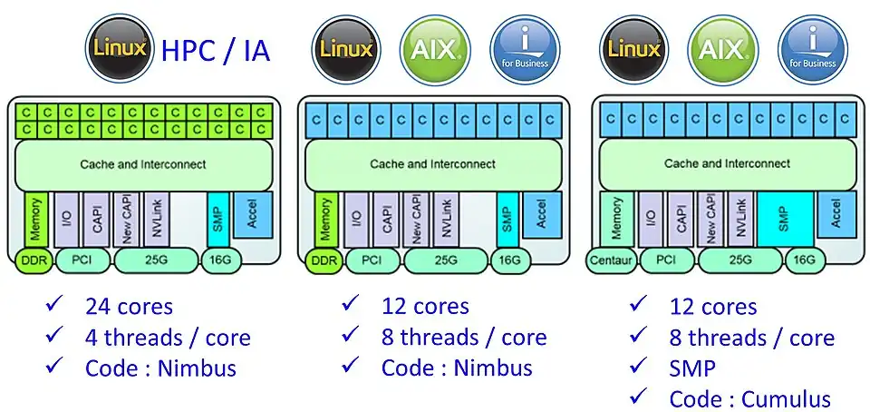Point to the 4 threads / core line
click(x=168, y=338)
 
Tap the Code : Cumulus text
click(x=749, y=398)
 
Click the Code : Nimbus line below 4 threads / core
click(x=160, y=368)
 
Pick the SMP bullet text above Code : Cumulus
click(x=693, y=368)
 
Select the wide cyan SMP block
click(x=783, y=220)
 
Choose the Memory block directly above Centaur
click(x=617, y=220)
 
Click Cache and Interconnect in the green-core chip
click(x=142, y=164)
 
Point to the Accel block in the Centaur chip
click(x=836, y=213)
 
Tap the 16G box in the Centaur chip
click(x=804, y=260)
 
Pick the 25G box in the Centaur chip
click(x=739, y=260)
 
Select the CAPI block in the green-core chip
click(x=99, y=220)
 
